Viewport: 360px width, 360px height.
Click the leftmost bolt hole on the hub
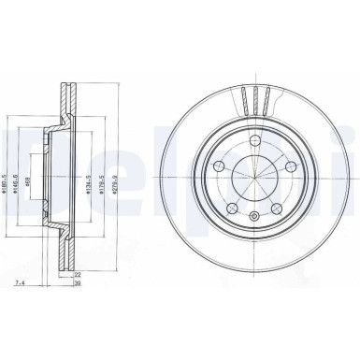point(217,165)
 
